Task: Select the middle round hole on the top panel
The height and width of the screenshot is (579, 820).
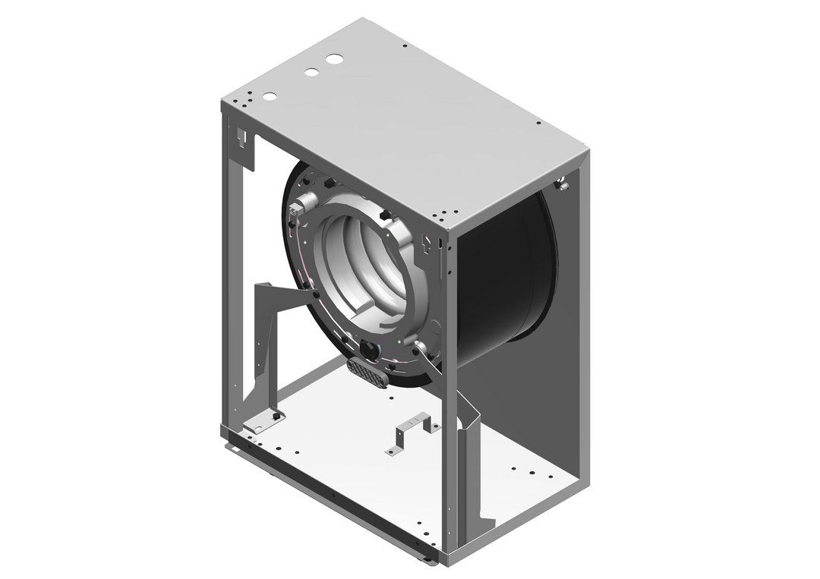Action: click(x=311, y=73)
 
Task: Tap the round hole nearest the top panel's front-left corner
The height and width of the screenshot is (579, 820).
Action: click(x=268, y=96)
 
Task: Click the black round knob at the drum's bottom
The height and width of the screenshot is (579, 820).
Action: click(x=370, y=349)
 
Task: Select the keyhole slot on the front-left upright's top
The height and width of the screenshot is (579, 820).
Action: click(x=242, y=139)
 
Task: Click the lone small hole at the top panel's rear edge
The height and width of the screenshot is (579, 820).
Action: click(x=405, y=46)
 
